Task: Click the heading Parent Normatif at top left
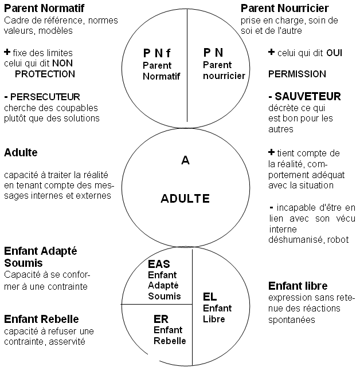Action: [x=44, y=9]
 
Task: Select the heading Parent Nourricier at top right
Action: [x=284, y=8]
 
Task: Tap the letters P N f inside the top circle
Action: [x=156, y=53]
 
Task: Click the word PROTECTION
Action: [x=45, y=74]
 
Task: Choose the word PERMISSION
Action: [x=297, y=74]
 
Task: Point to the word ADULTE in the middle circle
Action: [x=185, y=199]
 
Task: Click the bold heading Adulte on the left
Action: [x=21, y=153]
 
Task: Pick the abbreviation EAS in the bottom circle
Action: [x=159, y=265]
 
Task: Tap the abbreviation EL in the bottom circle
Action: [x=210, y=297]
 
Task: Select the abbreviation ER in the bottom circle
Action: [x=161, y=318]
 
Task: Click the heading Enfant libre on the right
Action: [x=298, y=286]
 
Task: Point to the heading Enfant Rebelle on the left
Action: [x=41, y=319]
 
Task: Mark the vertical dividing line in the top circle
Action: [x=187, y=69]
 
